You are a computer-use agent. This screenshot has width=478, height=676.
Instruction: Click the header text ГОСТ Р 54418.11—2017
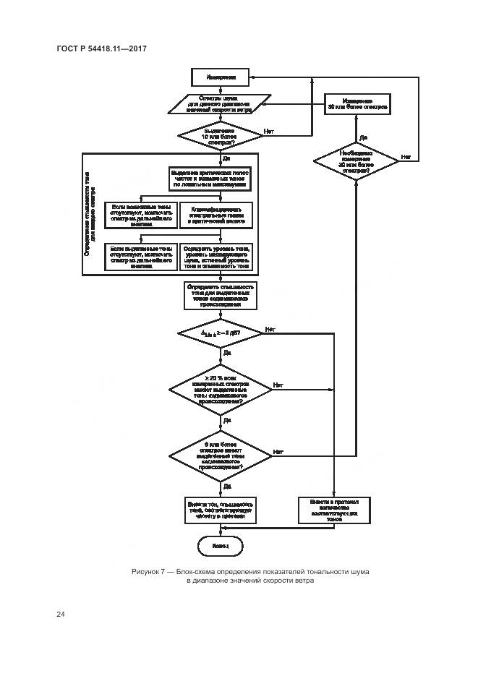(101, 48)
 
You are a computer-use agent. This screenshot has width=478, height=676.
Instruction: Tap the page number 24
(61, 614)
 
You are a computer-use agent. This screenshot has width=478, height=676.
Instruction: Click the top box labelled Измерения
(219, 76)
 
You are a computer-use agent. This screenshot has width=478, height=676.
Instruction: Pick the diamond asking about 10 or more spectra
(219, 134)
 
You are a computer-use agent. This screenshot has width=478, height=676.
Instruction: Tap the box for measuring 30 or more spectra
(357, 104)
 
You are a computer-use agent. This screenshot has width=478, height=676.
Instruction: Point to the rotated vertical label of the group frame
(90, 213)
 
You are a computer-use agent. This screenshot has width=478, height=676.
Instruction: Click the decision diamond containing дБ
(219, 333)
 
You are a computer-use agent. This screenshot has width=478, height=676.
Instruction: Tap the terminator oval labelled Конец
(220, 546)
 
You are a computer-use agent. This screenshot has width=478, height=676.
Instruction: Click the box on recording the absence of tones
(334, 508)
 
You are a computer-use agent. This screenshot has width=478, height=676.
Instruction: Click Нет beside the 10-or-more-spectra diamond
(269, 131)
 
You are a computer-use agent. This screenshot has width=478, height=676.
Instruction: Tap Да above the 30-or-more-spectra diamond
(364, 137)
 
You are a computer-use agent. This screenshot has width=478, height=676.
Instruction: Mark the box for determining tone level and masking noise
(215, 257)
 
